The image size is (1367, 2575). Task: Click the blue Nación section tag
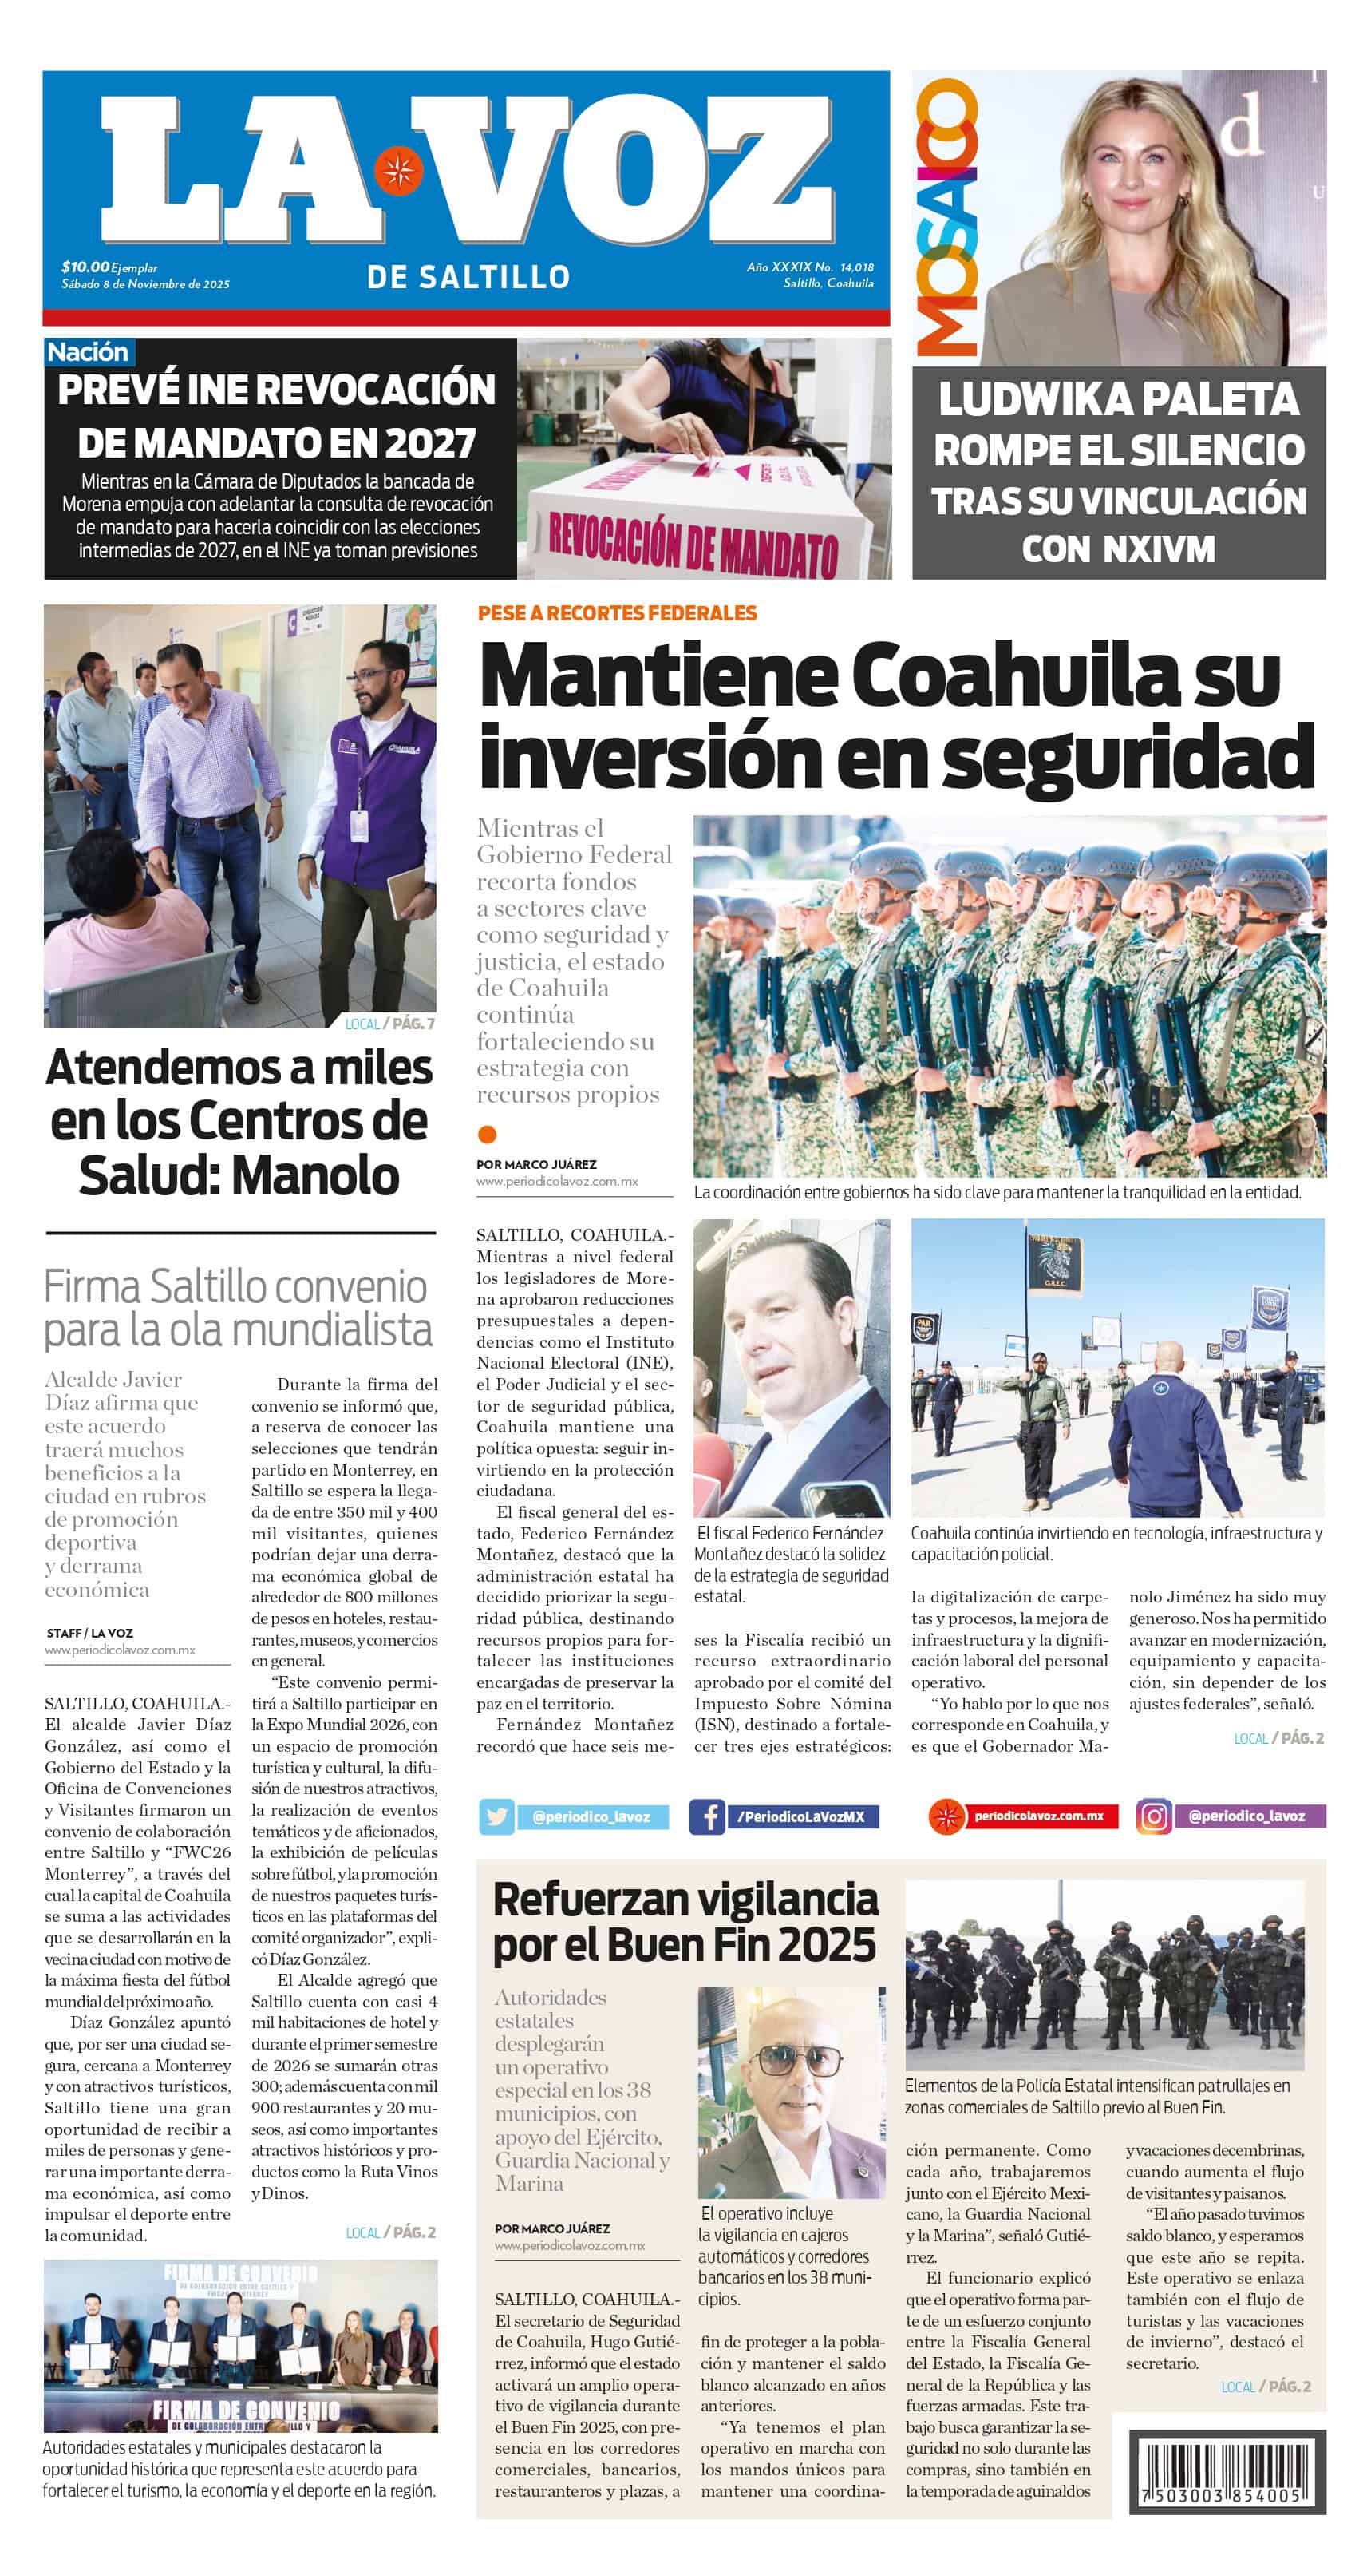tap(88, 352)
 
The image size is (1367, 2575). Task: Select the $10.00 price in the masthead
tap(85, 267)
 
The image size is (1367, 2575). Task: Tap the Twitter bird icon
tap(496, 1816)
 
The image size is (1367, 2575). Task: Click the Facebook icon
tap(706, 1816)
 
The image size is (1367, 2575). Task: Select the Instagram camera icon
tap(1153, 1816)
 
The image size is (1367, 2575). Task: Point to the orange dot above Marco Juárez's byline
tap(488, 1134)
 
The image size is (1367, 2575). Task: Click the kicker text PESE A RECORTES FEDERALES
tap(617, 612)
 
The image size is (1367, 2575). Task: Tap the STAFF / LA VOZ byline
tap(89, 1632)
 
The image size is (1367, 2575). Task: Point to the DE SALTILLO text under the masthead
tap(468, 277)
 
